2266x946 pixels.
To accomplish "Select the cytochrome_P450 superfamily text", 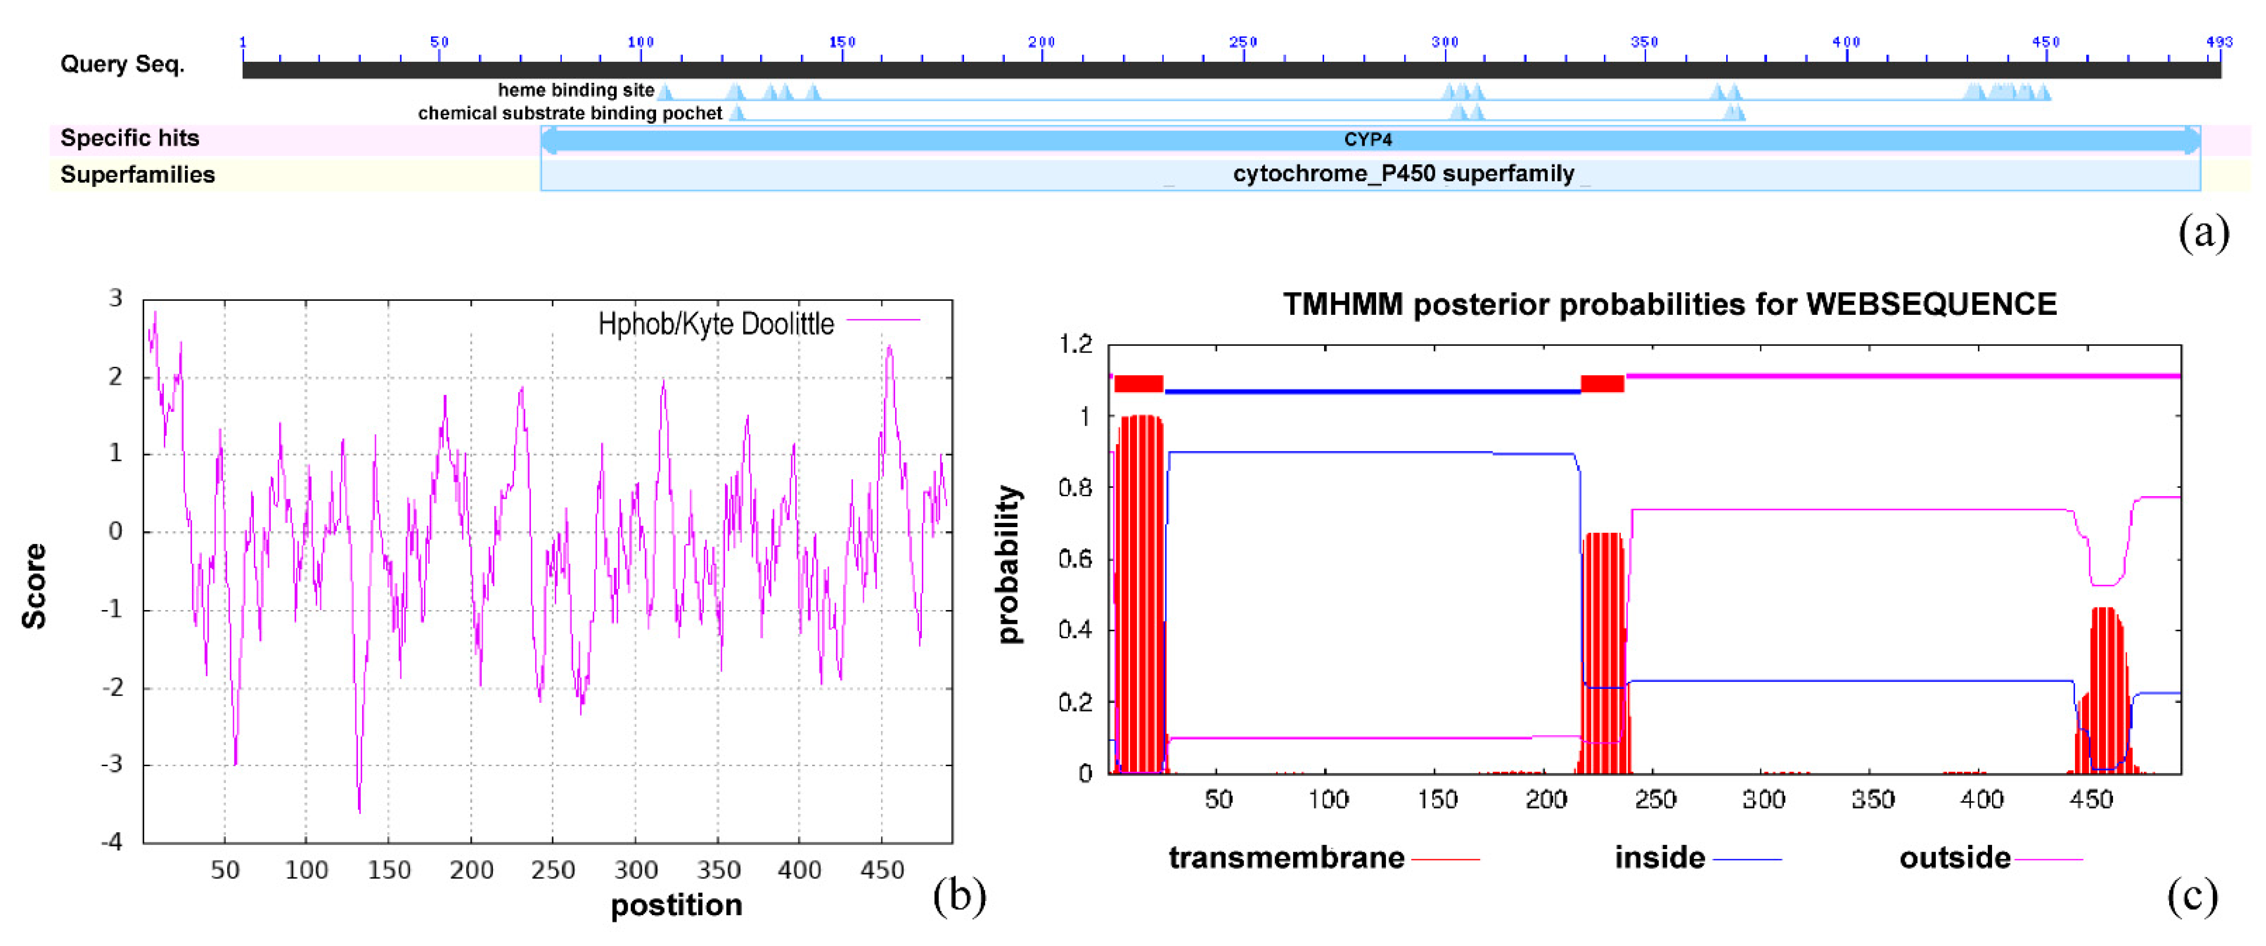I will (x=1403, y=173).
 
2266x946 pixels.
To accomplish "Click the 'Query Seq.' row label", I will (x=122, y=64).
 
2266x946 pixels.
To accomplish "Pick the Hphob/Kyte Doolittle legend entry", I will (x=716, y=324).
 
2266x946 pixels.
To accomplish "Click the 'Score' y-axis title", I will (x=33, y=585).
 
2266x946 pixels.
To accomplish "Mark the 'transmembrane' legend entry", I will (x=1286, y=857).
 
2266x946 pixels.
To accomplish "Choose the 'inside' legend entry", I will (x=1659, y=857).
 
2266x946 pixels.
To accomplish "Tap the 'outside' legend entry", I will (x=1954, y=857).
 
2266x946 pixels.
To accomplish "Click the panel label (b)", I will (x=959, y=896).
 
